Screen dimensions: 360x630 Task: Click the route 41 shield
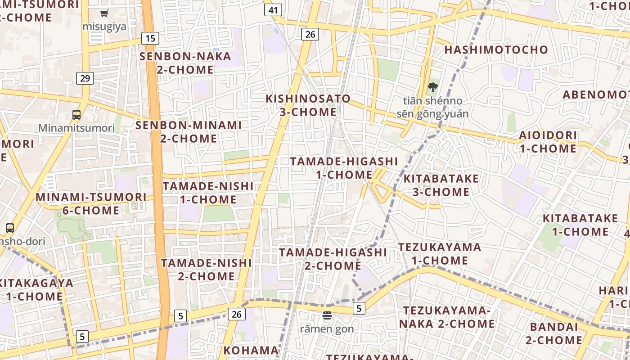(273, 10)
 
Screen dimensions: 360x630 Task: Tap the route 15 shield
(150, 38)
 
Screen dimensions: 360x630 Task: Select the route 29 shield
(85, 78)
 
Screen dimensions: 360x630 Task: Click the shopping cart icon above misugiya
(104, 13)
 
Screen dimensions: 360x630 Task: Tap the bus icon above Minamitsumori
(76, 114)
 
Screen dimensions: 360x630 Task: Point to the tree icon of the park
(432, 87)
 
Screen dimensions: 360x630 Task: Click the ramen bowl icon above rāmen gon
(327, 315)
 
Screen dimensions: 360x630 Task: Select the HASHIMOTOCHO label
(496, 49)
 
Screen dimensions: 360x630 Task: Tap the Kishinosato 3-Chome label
(308, 105)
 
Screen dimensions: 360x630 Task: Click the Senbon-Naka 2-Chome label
(185, 63)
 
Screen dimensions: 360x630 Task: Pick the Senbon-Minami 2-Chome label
(189, 132)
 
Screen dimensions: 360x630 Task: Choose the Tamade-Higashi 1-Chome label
(344, 168)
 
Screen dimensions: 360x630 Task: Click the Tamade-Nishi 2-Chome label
(207, 269)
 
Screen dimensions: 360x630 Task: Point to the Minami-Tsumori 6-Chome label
(91, 203)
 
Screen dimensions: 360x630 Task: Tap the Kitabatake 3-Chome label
(441, 185)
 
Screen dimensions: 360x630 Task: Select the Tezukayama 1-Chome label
(440, 254)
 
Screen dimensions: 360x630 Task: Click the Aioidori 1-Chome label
(548, 142)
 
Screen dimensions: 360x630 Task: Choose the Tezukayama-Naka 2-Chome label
(446, 317)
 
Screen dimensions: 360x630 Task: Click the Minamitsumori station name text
(76, 128)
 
